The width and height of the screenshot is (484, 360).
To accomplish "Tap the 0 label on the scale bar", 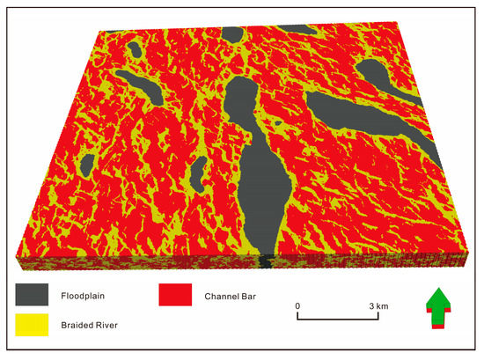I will pyautogui.click(x=297, y=305).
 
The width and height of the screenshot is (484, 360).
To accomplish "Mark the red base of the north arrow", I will pyautogui.click(x=442, y=327).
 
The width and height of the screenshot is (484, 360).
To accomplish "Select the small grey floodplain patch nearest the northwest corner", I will pyautogui.click(x=136, y=49).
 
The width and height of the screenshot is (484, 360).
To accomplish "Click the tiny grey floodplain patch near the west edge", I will pyautogui.click(x=87, y=164).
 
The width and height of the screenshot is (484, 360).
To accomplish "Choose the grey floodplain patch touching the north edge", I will pyautogui.click(x=231, y=35).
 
